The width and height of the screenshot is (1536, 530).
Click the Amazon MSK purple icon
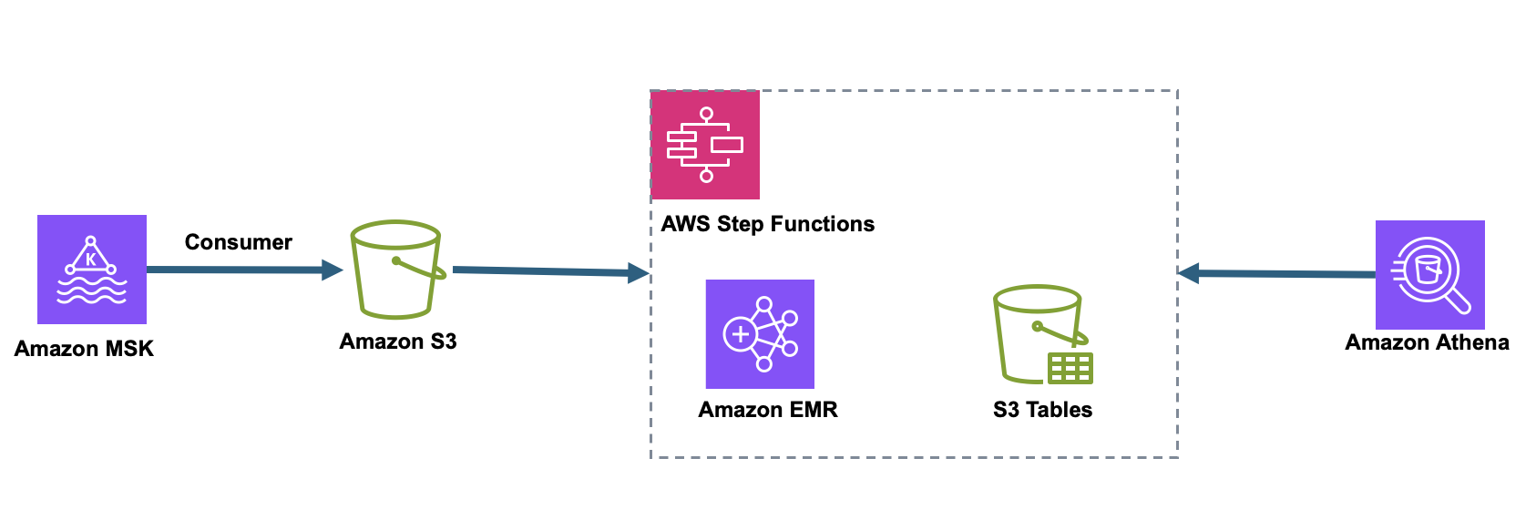coord(91,270)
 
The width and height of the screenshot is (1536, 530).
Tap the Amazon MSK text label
coord(84,349)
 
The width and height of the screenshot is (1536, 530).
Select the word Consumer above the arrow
coord(238,242)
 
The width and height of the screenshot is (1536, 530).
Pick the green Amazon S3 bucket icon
coord(396,270)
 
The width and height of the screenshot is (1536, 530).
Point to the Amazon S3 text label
coord(397,341)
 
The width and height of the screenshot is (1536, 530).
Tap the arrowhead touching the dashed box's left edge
coord(640,273)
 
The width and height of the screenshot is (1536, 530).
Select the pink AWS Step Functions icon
coord(705,145)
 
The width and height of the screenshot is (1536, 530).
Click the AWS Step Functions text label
coord(767,224)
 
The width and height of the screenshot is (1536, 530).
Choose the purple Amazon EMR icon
coord(760,334)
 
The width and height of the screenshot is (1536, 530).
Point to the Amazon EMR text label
coord(767,410)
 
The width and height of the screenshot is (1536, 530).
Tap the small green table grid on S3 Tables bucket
coord(1070,368)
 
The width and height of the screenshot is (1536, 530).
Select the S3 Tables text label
coord(1042,410)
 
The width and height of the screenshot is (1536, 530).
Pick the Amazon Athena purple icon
coord(1429,274)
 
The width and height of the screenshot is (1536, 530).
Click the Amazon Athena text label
coord(1427,342)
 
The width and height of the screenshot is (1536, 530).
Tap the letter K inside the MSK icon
coord(91,260)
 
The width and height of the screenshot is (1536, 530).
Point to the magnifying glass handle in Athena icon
coord(1459,301)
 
